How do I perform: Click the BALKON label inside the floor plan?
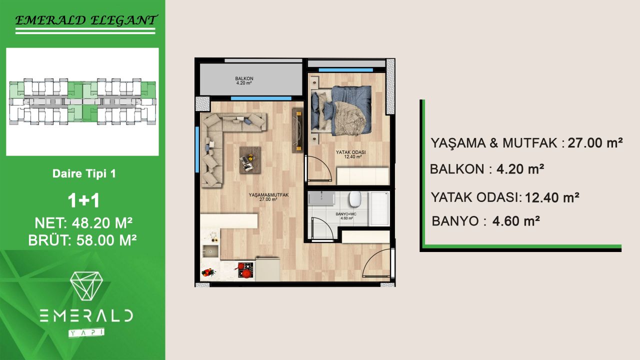click(244, 80)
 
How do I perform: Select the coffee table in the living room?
click(249, 159)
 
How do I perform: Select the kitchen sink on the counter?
click(210, 251)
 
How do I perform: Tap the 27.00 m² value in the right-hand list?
click(595, 143)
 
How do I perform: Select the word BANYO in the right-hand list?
click(455, 221)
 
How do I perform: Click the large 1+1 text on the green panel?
click(84, 200)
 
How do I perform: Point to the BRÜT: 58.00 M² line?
click(83, 240)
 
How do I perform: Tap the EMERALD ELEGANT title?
click(84, 20)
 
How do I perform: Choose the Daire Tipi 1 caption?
click(84, 174)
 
